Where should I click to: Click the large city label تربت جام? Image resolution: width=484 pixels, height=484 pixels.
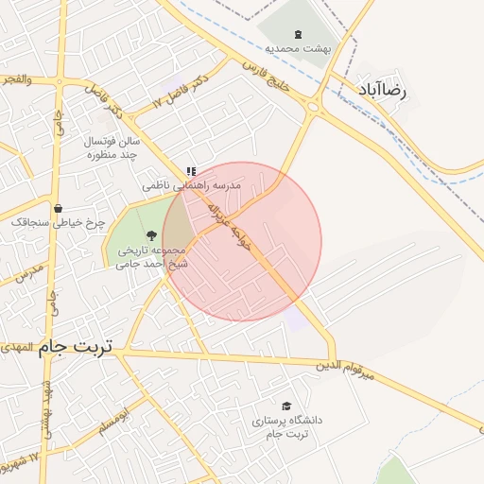point(75,348)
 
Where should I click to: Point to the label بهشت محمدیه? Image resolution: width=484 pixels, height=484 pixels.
point(296,46)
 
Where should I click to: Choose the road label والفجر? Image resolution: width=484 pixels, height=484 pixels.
point(16,79)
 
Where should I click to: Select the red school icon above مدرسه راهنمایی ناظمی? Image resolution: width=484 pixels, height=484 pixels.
point(192,171)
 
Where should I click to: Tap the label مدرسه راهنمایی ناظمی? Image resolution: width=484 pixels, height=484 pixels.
point(192,186)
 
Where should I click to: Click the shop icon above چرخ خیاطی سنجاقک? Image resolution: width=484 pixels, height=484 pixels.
point(59,208)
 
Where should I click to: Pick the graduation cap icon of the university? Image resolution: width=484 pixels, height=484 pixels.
point(287,405)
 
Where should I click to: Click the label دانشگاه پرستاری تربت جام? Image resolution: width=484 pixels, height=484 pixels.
point(287,425)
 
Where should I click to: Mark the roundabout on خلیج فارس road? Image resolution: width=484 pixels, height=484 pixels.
point(313,106)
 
